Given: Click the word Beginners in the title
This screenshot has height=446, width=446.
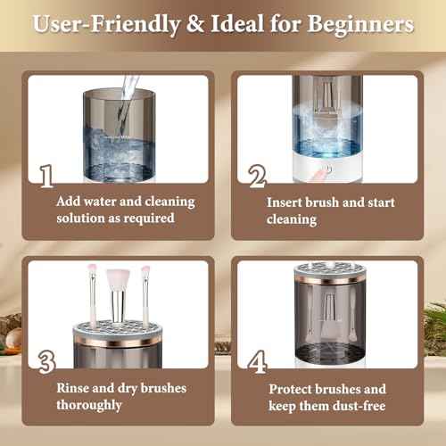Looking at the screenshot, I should (x=361, y=24).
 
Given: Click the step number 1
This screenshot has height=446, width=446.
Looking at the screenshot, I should (x=46, y=175).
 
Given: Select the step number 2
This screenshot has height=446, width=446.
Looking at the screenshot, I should (x=257, y=175).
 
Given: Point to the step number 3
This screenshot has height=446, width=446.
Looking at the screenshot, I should (x=46, y=359).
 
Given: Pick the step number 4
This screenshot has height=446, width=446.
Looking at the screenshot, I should (x=257, y=359).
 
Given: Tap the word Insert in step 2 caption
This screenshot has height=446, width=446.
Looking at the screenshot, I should (x=286, y=202).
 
